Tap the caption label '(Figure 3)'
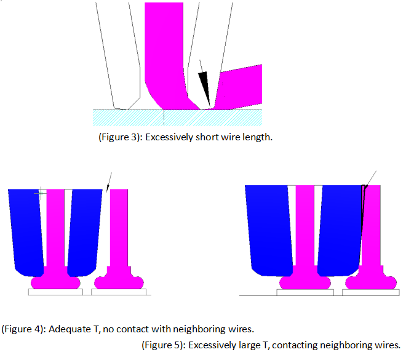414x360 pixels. click(119, 137)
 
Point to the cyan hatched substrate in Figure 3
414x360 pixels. click(177, 118)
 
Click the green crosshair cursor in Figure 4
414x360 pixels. click(41, 193)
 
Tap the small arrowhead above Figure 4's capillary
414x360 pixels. click(108, 188)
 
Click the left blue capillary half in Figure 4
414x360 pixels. click(26, 233)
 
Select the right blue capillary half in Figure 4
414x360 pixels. click(84, 233)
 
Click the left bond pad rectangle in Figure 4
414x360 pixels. click(55, 292)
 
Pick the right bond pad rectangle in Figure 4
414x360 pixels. click(119, 292)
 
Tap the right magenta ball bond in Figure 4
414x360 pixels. click(119, 282)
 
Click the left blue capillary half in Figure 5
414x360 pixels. click(269, 230)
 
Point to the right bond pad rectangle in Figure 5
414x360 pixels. click(371, 292)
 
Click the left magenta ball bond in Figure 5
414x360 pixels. click(305, 282)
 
